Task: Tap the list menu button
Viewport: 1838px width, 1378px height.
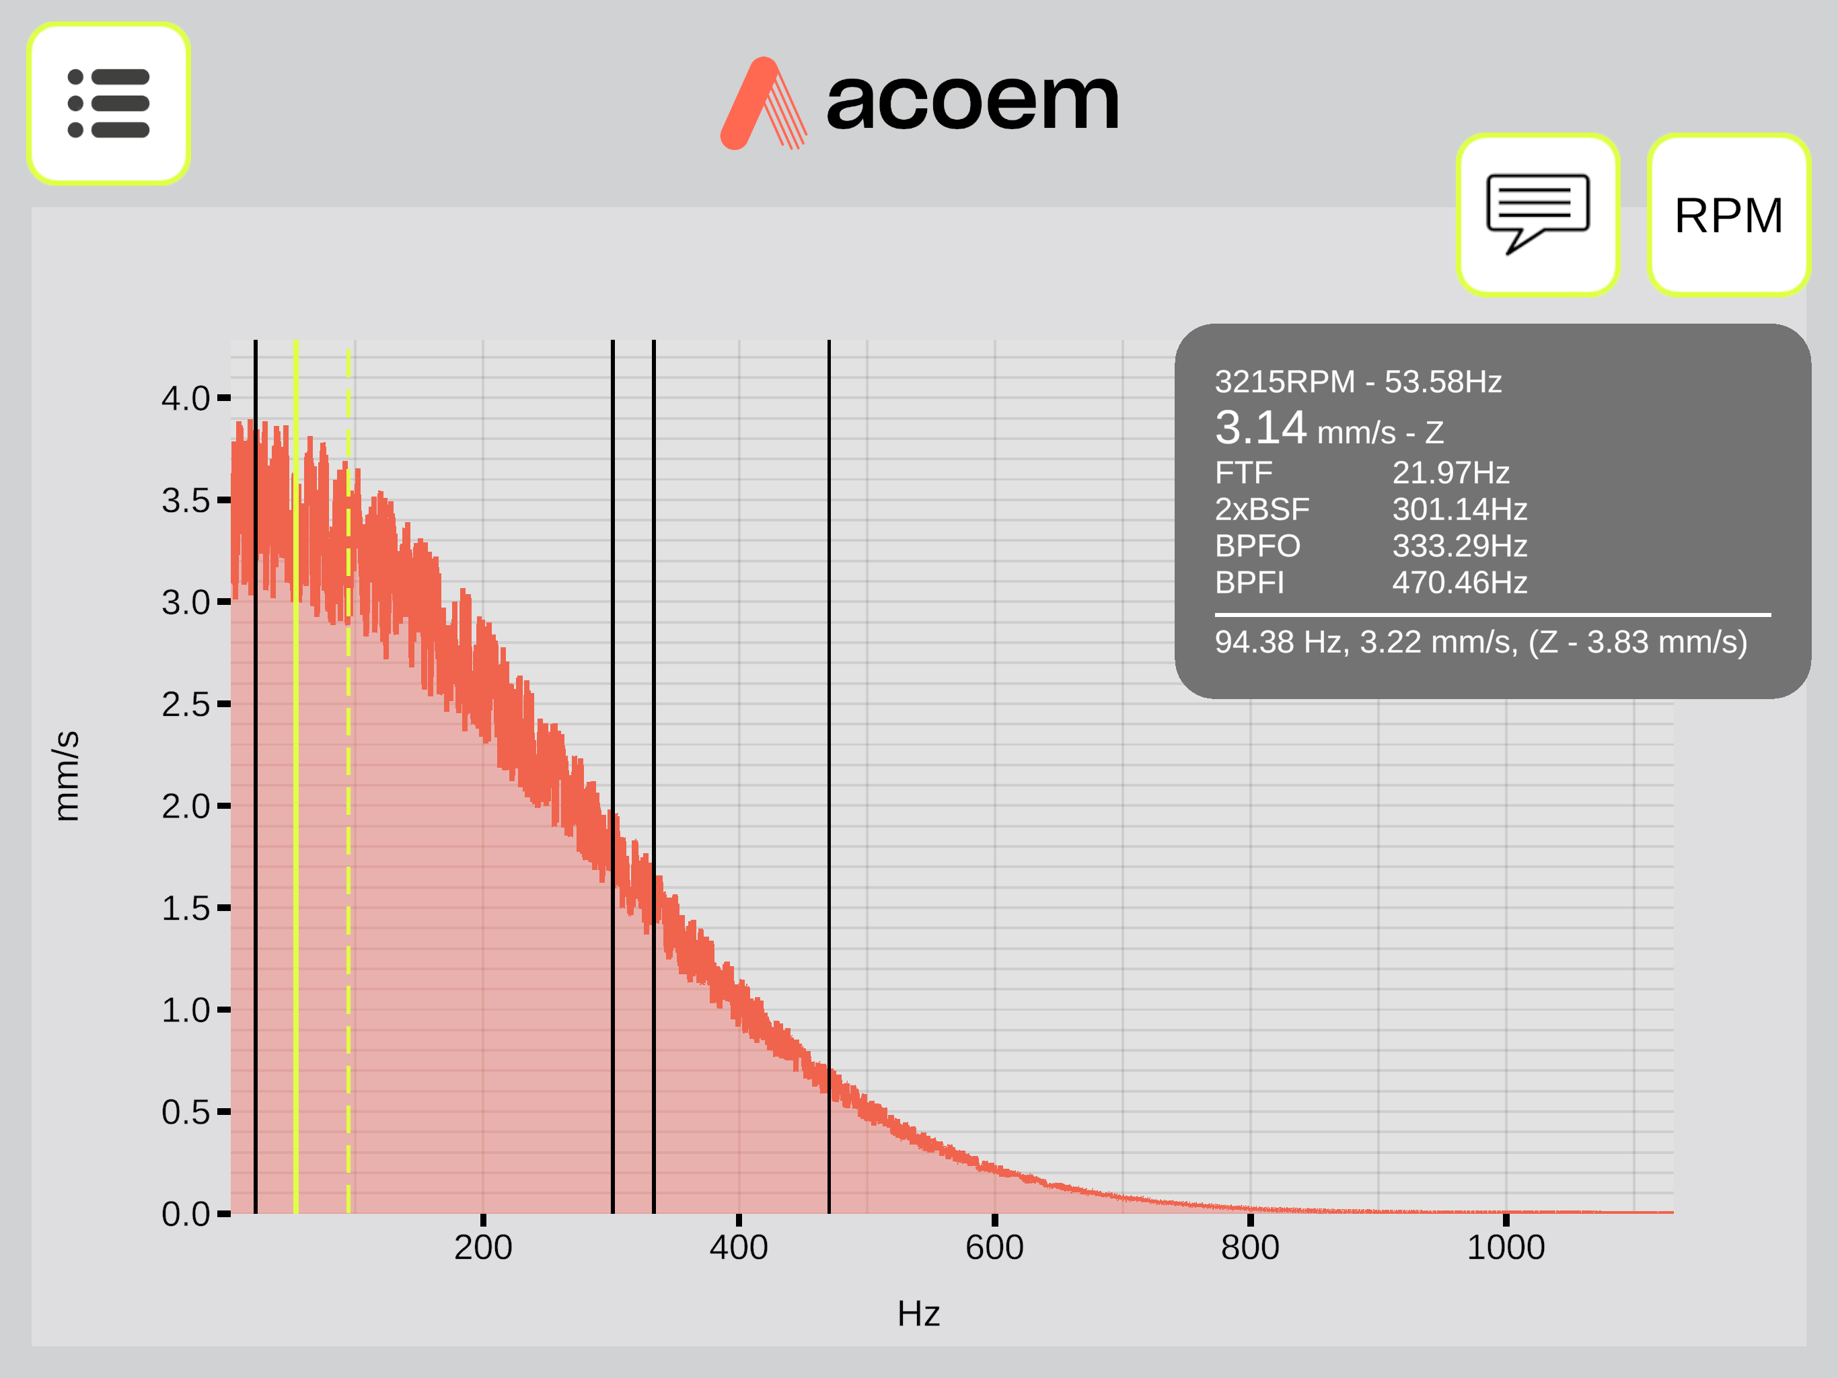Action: pyautogui.click(x=108, y=103)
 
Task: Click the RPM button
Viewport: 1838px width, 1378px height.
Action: pyautogui.click(x=1728, y=215)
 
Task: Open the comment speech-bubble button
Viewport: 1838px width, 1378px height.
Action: pyautogui.click(x=1537, y=215)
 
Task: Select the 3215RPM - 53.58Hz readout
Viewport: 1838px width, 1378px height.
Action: pyautogui.click(x=1358, y=382)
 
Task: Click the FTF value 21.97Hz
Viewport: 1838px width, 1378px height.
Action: pyautogui.click(x=1450, y=472)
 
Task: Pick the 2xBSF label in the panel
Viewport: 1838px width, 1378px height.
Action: pyautogui.click(x=1261, y=509)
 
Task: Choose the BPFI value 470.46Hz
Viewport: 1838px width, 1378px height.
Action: pyautogui.click(x=1460, y=582)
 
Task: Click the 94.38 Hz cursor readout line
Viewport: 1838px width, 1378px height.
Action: pyautogui.click(x=1481, y=642)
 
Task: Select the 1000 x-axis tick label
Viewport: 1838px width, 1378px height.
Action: pyautogui.click(x=1506, y=1247)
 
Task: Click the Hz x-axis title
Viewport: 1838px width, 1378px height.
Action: pyautogui.click(x=918, y=1314)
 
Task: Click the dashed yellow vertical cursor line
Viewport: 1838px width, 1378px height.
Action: pyautogui.click(x=348, y=781)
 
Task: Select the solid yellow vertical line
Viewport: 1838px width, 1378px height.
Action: pyautogui.click(x=296, y=776)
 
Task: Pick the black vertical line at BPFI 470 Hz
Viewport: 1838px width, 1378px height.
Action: pyautogui.click(x=828, y=776)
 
